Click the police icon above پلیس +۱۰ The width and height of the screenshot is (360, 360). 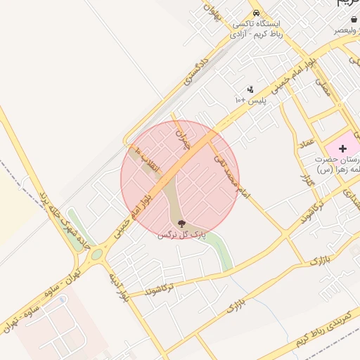pyautogui.click(x=250, y=89)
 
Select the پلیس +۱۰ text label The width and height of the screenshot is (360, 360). pyautogui.click(x=250, y=101)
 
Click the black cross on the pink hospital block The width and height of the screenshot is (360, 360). pyautogui.click(x=343, y=148)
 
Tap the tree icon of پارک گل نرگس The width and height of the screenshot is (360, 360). pyautogui.click(x=182, y=224)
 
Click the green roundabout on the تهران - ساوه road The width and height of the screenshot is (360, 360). pyautogui.click(x=96, y=254)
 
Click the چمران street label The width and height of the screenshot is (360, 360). pyautogui.click(x=183, y=137)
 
